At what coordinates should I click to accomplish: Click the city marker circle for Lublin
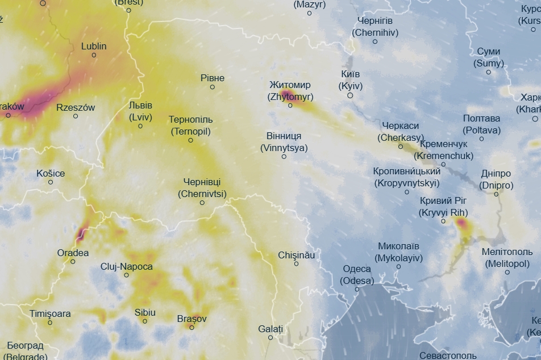click(94, 55)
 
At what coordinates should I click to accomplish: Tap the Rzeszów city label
click(76, 107)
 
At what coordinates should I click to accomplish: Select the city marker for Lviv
click(140, 126)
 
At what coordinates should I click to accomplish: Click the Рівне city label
click(213, 78)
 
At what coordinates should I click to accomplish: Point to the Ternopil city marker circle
click(190, 140)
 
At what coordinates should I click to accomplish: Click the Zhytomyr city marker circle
click(290, 106)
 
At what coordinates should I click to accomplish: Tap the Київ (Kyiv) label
click(350, 80)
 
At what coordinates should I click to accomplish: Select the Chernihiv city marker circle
click(375, 41)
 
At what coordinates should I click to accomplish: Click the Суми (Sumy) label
click(489, 57)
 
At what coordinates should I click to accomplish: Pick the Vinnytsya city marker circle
click(284, 157)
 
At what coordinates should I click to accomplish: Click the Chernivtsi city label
click(202, 187)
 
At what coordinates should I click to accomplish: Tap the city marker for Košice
click(51, 182)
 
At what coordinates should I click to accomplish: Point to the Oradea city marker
click(73, 262)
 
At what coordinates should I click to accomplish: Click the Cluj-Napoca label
click(126, 266)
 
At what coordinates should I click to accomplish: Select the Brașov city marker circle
click(192, 328)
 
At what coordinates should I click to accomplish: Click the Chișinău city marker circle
click(296, 264)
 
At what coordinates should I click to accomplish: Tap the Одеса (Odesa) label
click(357, 275)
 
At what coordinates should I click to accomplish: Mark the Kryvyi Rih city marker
click(443, 221)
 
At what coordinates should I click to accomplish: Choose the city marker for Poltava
click(481, 139)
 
